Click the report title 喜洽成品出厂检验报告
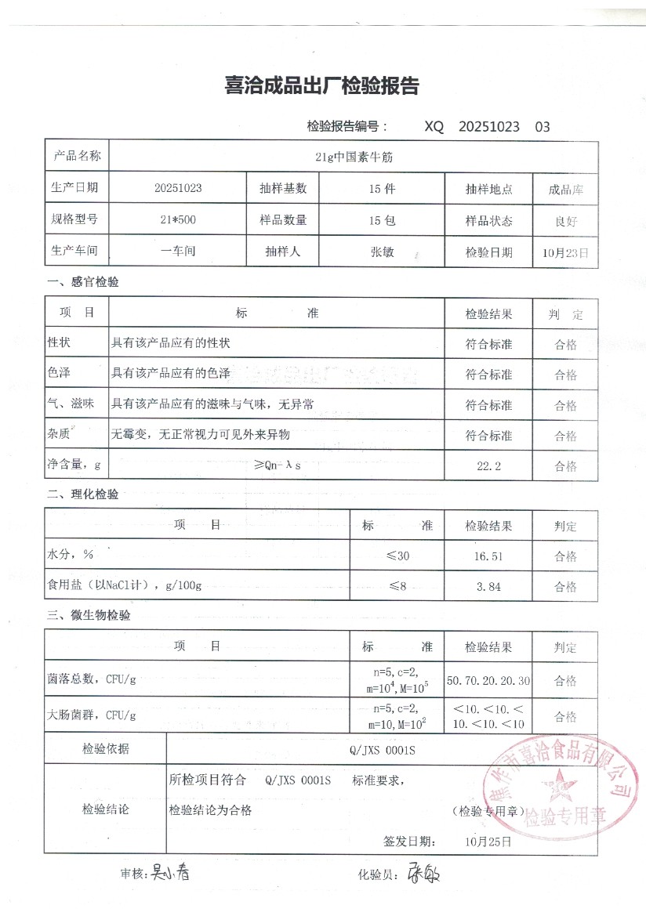click(x=321, y=86)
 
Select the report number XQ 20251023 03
click(x=487, y=126)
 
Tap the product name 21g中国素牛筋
click(x=353, y=157)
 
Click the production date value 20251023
click(x=179, y=189)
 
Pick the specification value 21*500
click(x=178, y=220)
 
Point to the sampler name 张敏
click(x=382, y=252)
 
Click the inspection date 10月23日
click(x=565, y=252)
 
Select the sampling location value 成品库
click(x=565, y=190)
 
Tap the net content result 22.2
click(x=488, y=466)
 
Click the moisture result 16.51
click(x=488, y=556)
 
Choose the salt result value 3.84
click(x=488, y=587)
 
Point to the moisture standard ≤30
click(x=397, y=556)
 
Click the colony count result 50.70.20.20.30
click(x=488, y=679)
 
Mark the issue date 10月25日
click(x=488, y=842)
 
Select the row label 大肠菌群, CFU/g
click(x=92, y=715)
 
